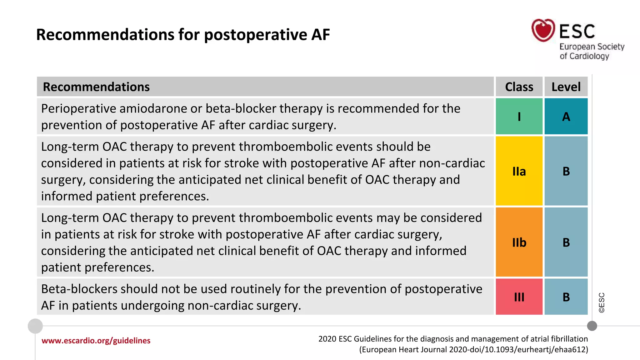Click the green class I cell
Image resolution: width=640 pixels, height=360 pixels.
click(x=519, y=116)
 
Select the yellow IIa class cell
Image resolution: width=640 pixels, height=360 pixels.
click(x=519, y=171)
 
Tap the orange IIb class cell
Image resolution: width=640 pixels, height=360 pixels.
click(x=519, y=242)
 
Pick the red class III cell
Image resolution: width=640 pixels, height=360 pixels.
click(x=519, y=297)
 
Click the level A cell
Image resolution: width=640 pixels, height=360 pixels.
click(x=566, y=116)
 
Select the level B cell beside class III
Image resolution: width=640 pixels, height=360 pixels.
click(x=566, y=297)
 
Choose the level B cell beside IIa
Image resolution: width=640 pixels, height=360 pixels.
click(x=566, y=171)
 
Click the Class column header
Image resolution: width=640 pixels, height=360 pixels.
click(x=519, y=87)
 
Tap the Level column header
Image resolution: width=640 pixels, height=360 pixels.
click(x=566, y=87)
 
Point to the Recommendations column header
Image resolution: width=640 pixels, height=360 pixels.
click(x=96, y=87)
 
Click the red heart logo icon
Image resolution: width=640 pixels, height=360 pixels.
click(x=543, y=30)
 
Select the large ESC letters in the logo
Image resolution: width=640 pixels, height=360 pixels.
click(x=577, y=31)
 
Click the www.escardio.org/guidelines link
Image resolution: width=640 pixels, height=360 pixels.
click(x=96, y=341)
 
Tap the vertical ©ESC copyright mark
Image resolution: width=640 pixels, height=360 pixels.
click(x=602, y=302)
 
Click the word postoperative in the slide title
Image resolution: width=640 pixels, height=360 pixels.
click(x=256, y=34)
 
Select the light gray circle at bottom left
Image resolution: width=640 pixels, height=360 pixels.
click(x=35, y=326)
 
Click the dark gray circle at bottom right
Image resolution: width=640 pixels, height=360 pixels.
click(x=592, y=326)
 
